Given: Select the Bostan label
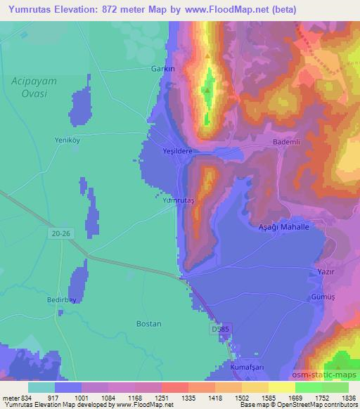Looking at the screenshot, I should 148,324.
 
